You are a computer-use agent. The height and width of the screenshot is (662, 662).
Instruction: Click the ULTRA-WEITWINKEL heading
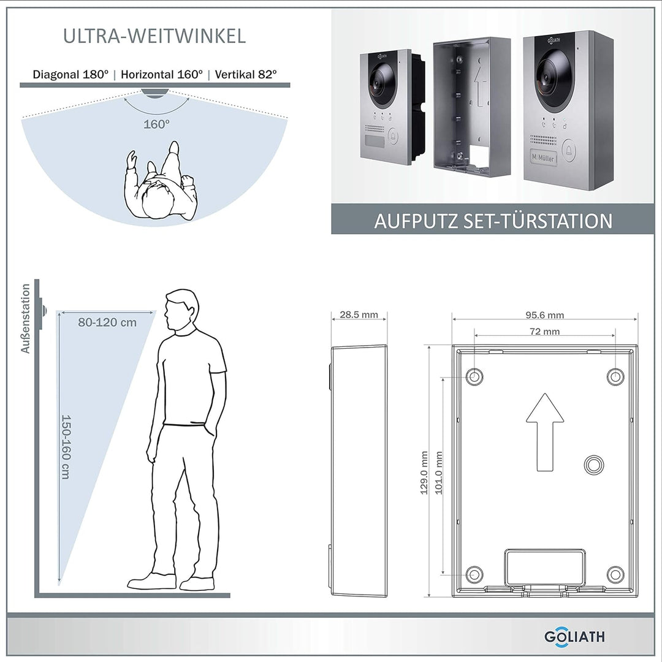pos(154,36)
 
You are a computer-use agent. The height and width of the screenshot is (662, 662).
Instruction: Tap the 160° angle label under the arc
pos(157,124)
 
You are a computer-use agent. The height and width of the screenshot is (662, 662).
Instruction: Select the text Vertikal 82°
pos(246,74)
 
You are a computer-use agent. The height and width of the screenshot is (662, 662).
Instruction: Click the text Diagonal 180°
pos(71,74)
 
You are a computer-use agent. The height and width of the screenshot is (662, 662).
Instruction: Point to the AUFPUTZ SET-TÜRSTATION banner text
pos(493,221)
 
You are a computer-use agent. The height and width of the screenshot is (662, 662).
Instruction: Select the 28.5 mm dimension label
pos(359,315)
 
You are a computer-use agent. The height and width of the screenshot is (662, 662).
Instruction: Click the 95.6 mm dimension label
pos(544,315)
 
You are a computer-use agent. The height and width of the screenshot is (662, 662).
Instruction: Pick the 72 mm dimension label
pos(544,332)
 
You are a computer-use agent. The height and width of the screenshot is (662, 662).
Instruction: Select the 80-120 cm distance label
pos(107,322)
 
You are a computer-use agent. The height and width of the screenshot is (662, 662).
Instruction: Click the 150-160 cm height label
pos(66,446)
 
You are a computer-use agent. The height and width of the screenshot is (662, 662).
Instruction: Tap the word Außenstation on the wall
pos(26,319)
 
